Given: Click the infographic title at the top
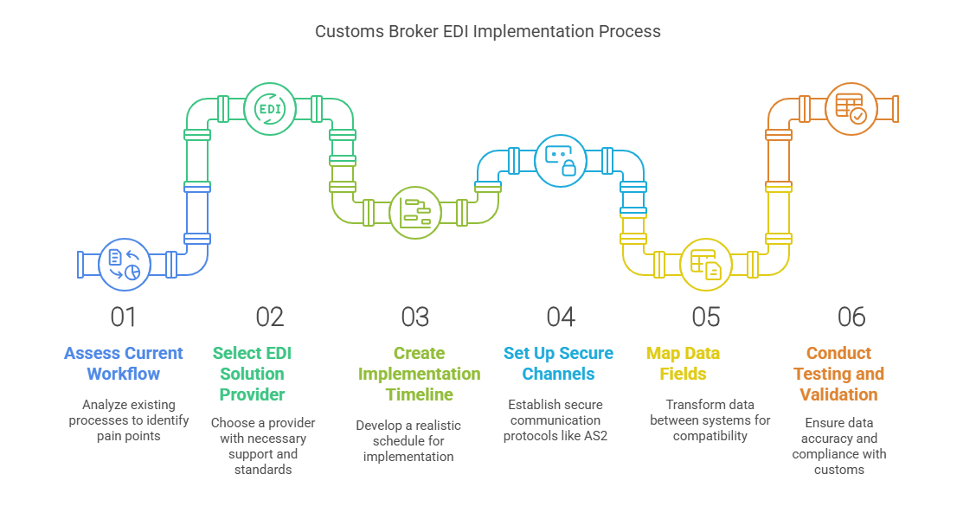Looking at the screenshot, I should pos(487,32).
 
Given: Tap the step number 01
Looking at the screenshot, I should pos(124,317).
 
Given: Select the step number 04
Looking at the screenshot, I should pos(560,317).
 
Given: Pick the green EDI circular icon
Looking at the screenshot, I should pos(269,109).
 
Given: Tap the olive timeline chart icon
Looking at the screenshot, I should pos(414,211).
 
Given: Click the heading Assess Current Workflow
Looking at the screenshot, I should pos(124,363).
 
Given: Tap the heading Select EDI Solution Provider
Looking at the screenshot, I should pos(249,374).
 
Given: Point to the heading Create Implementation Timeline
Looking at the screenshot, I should pos(419,374).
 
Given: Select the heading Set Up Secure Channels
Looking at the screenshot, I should pos(558,363).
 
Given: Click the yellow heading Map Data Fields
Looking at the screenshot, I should pos(683,363).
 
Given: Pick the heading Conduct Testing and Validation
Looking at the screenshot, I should pos(844,374).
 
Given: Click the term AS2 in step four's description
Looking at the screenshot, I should pos(595,435).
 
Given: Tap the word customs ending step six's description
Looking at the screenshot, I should pos(838,470).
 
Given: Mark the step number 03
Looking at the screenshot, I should pos(414,317).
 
